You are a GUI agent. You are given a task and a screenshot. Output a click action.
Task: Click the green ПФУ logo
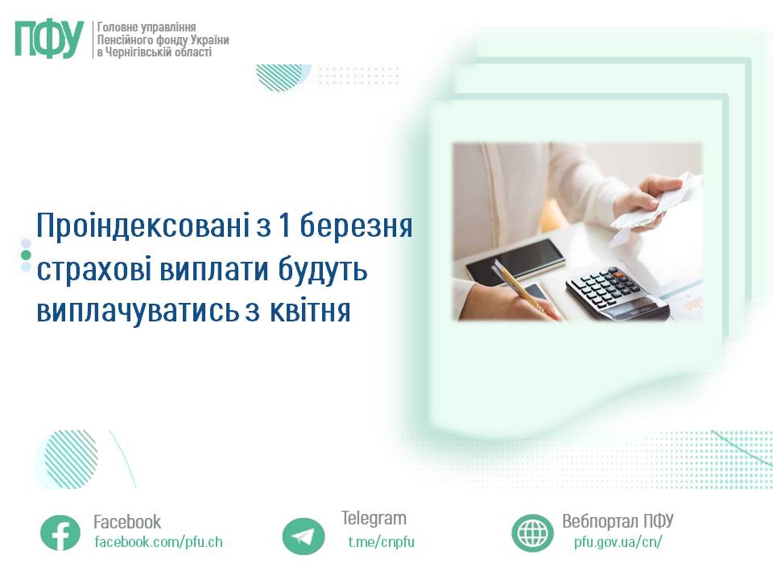tap(49, 39)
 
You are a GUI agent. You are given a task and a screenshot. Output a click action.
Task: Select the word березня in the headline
tap(356, 226)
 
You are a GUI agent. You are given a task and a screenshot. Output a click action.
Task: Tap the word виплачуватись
tap(138, 313)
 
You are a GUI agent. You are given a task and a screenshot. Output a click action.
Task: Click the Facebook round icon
tap(60, 532)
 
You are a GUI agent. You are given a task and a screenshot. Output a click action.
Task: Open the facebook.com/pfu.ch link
tap(159, 542)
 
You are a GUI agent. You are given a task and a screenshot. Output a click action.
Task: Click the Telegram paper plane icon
tap(304, 536)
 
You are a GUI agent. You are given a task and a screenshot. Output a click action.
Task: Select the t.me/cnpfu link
tap(381, 542)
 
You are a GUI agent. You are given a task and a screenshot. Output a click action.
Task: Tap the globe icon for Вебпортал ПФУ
tap(532, 532)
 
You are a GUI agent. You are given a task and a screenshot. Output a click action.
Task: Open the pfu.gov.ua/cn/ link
tap(618, 542)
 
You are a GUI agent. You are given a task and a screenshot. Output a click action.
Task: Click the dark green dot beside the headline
tap(26, 255)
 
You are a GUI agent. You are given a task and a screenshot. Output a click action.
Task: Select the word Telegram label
tap(374, 518)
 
